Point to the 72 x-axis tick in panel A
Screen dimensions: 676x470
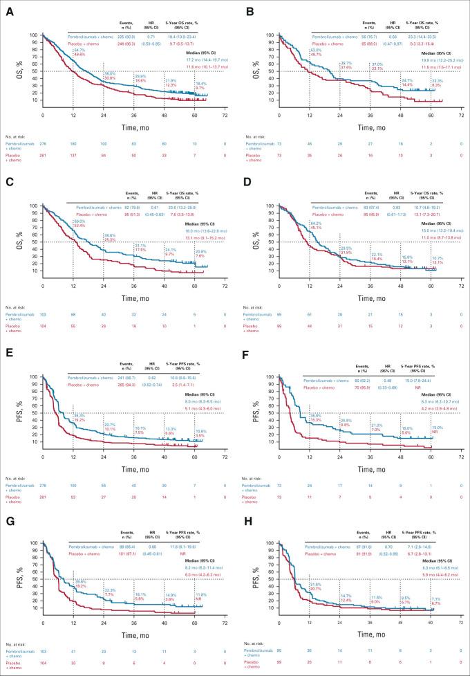[225, 116]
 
